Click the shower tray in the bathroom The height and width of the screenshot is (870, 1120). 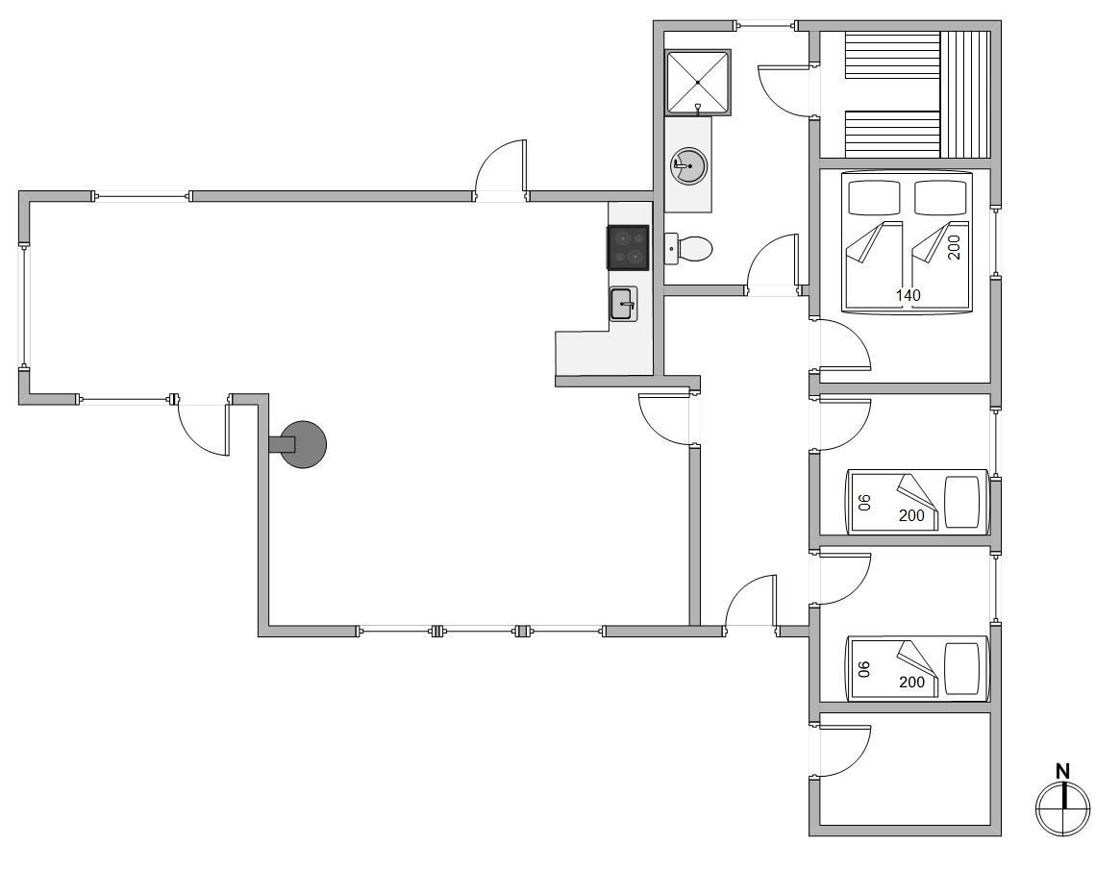pos(698,82)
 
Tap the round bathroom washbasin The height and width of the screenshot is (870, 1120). pos(688,165)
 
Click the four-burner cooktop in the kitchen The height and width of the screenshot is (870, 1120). pos(628,247)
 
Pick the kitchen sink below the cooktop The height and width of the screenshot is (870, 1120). pos(623,304)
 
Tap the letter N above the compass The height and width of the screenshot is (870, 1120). pos(1063,771)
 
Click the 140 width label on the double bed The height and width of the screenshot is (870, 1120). pos(908,295)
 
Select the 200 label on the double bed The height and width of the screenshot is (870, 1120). pos(955,247)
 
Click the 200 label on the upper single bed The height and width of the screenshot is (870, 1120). pos(911,515)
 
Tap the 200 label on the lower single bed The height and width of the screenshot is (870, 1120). pos(911,683)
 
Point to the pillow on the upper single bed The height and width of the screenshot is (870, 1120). pos(962,502)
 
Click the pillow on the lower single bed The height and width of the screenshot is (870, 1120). pos(962,668)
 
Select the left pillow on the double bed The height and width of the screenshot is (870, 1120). pos(874,197)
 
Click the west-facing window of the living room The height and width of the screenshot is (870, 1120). pos(24,307)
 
